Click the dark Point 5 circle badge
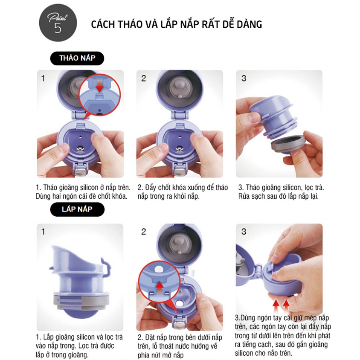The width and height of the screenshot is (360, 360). click(58, 23)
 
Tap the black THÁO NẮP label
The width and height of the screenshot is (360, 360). click(77, 58)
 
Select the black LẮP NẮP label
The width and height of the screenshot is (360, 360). click(77, 209)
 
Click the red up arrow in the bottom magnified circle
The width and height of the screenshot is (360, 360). click(160, 289)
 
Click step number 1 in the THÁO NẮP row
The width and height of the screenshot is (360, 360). click(43, 78)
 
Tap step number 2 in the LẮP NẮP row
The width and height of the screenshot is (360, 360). click(143, 232)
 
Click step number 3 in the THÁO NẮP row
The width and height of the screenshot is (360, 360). click(244, 78)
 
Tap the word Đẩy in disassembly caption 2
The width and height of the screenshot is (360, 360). click(151, 188)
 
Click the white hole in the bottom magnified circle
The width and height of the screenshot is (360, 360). click(159, 269)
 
